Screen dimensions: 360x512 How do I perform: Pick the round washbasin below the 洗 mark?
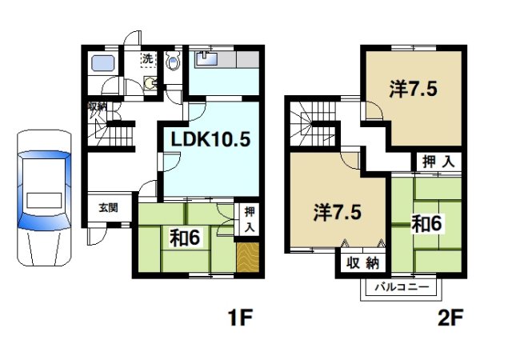pyautogui.click(x=148, y=81)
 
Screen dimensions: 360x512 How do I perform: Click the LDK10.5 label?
pyautogui.click(x=209, y=139)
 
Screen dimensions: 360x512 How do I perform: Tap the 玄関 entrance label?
pyautogui.click(x=108, y=207)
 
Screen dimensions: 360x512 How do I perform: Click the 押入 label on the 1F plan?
pyautogui.click(x=249, y=218)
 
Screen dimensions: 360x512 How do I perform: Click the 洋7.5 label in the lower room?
pyautogui.click(x=337, y=213)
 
